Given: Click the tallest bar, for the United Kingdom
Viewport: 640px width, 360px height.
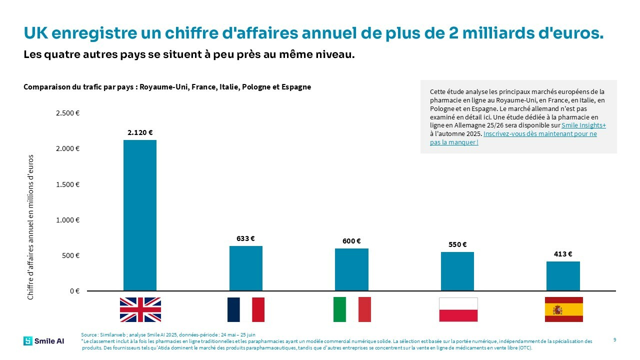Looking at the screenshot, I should coord(140,215).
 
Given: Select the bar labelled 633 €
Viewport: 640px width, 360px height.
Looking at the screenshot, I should coord(245,268).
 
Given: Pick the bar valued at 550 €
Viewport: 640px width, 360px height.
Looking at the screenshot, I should coord(457,271).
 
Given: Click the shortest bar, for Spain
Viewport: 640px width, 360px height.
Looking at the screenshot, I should coord(563,275).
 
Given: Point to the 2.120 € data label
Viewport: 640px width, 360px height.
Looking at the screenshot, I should coord(140,132).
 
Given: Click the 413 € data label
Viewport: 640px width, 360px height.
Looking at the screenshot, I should coord(563,254).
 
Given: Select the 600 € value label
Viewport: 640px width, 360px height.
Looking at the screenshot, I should coord(351,241).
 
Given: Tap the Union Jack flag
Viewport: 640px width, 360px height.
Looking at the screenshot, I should coord(140,309).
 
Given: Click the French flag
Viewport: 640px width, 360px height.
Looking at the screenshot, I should coord(245,309).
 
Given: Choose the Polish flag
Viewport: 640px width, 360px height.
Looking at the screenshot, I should coord(458,309).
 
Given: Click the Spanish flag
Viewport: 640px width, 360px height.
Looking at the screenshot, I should coord(563,309).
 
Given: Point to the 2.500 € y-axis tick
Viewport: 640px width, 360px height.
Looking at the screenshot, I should coord(68,113).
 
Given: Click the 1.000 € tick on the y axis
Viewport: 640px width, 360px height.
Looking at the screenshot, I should coord(68,220).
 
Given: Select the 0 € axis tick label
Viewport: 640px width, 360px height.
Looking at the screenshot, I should coord(73,291).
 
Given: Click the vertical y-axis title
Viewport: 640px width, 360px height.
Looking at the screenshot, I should coord(30,227).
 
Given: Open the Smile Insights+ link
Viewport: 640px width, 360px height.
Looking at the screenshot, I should coord(583,125).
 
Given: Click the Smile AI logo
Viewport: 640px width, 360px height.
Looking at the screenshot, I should coord(43,341).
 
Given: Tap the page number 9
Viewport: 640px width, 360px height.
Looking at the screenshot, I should coord(614,340).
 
